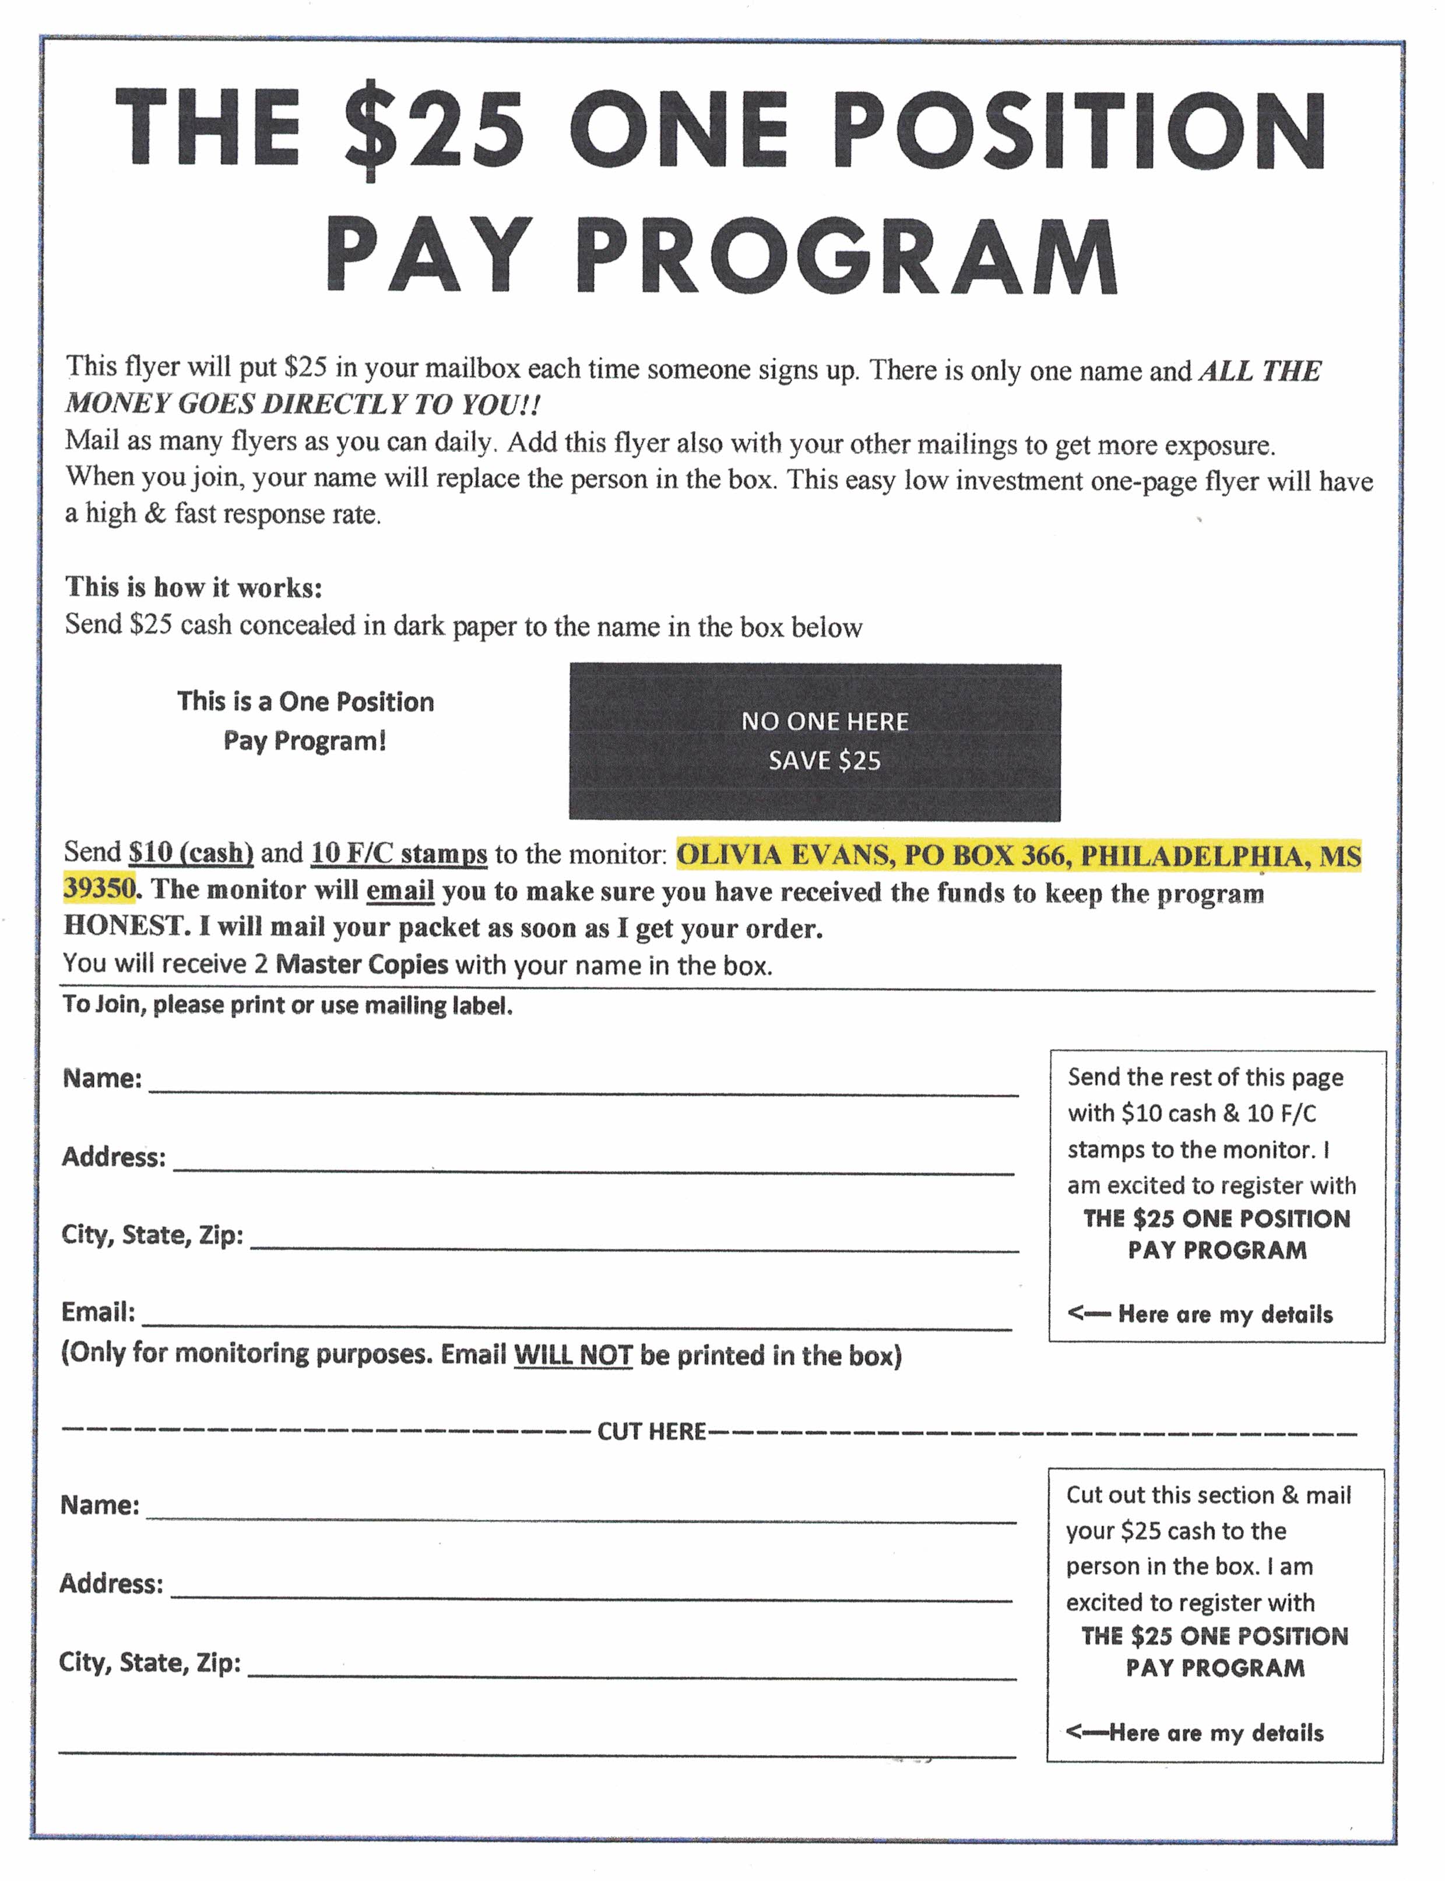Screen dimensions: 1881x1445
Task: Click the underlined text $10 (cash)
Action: [191, 853]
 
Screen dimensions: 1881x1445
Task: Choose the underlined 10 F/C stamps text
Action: [399, 853]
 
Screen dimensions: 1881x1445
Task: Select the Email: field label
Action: [98, 1312]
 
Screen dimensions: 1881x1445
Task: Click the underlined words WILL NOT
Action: [573, 1356]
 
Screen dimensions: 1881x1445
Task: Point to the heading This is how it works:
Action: [194, 587]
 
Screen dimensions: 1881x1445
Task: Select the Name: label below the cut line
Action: [100, 1505]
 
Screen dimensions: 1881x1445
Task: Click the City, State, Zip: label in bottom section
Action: [150, 1662]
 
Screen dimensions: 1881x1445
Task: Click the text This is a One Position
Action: [305, 701]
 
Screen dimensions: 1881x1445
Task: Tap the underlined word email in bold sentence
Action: [400, 891]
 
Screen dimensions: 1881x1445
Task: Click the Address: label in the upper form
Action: [114, 1157]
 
